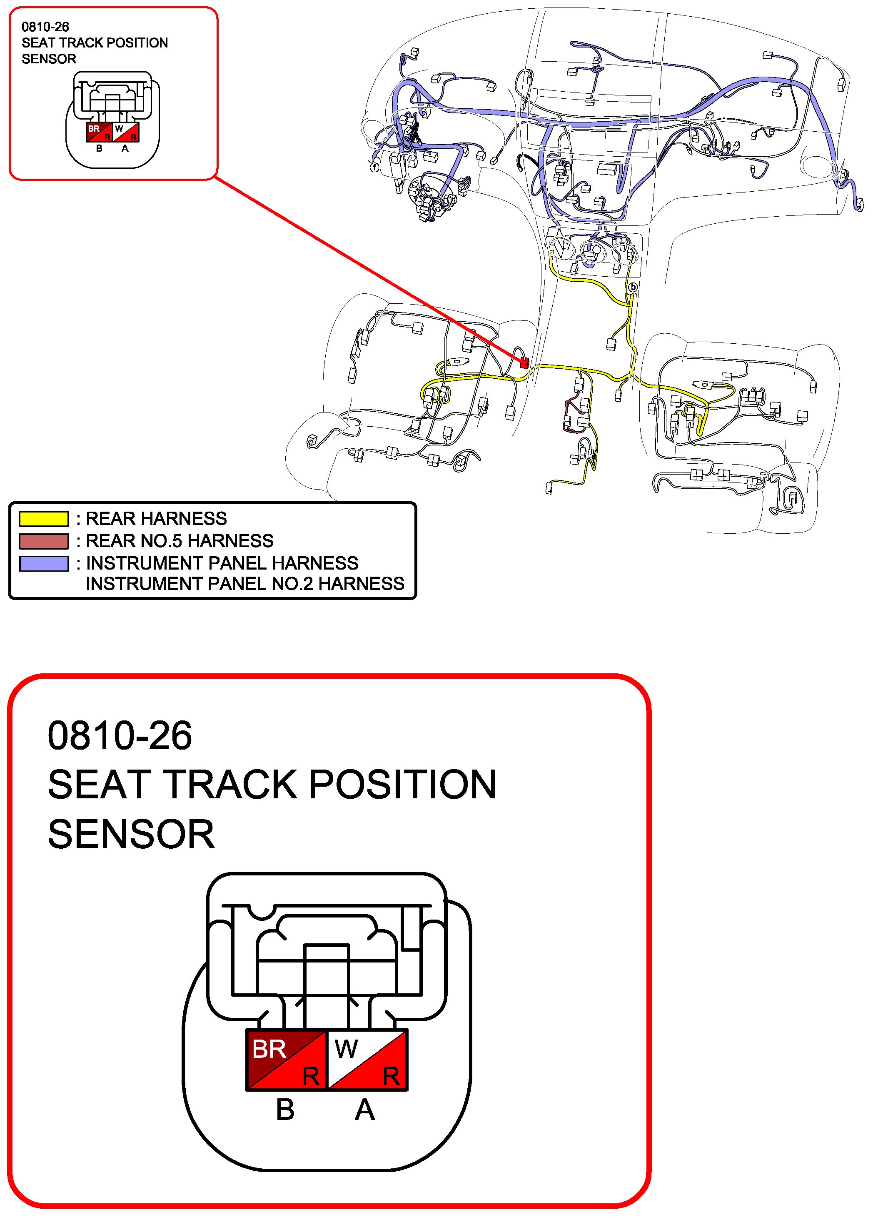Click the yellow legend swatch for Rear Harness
pyautogui.click(x=44, y=518)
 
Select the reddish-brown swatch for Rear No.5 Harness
pyautogui.click(x=44, y=541)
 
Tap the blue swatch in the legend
pyautogui.click(x=44, y=563)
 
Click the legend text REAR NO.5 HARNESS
pyautogui.click(x=180, y=540)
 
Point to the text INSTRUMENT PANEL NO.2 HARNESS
pyautogui.click(x=245, y=583)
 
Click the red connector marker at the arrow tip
pyautogui.click(x=524, y=363)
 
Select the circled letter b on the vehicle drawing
pyautogui.click(x=633, y=287)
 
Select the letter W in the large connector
pyautogui.click(x=346, y=1048)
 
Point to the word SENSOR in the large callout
pyautogui.click(x=131, y=835)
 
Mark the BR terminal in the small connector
pyautogui.click(x=100, y=132)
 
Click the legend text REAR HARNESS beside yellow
pyautogui.click(x=157, y=518)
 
